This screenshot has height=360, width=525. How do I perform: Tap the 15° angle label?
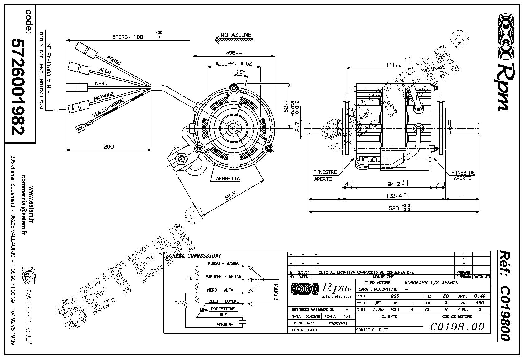[241, 72]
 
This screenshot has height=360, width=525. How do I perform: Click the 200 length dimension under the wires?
[109, 146]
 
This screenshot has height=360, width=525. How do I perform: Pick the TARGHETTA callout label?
[226, 179]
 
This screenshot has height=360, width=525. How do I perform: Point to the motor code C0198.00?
[457, 327]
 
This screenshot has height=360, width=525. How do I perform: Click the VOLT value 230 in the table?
[395, 296]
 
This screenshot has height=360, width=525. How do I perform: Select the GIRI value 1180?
[378, 310]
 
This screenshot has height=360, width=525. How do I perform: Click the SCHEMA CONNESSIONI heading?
[194, 255]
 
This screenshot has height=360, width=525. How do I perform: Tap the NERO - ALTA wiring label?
[220, 290]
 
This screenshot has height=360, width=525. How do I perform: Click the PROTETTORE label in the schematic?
[223, 309]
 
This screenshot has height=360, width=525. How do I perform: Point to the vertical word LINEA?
[276, 292]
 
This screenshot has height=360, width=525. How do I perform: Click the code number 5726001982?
[18, 86]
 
